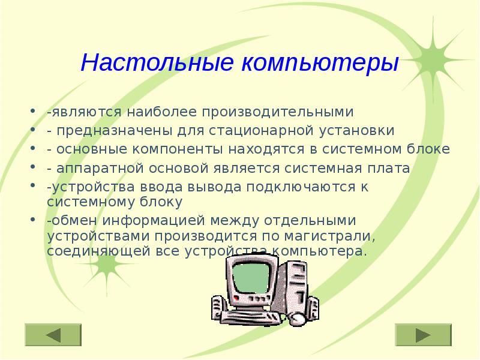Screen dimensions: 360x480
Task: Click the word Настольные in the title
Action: (158, 62)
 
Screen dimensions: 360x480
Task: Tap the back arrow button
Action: (53, 335)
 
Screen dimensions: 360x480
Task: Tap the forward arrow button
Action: (424, 335)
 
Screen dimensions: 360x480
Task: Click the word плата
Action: (391, 168)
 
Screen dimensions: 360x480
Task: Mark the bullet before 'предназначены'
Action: (31, 130)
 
